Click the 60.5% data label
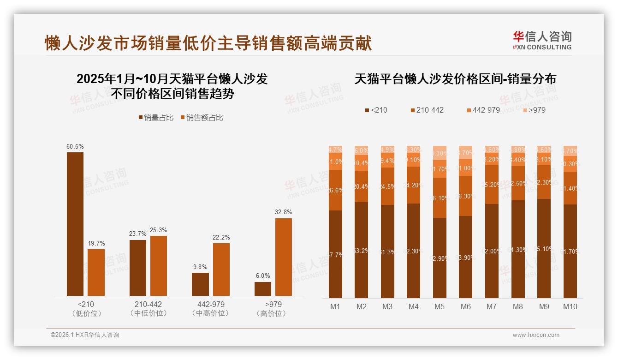75,146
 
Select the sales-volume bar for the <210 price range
75,224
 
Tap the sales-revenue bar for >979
284,257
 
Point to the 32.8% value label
284,212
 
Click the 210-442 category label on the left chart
148,305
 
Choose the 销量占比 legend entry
156,118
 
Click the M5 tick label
440,306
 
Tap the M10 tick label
570,306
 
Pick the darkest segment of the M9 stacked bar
544,248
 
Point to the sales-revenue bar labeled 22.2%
221,270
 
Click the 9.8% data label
200,267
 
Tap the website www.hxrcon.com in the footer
536,335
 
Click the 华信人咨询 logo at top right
542,40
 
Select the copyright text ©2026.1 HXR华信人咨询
85,335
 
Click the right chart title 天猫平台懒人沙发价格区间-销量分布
455,79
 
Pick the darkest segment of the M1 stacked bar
335,254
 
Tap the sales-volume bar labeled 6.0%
263,289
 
